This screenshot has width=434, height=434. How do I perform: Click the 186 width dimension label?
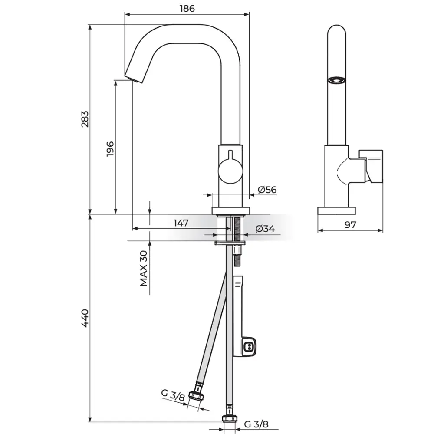click(187, 9)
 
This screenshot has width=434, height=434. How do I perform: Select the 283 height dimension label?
click(85, 119)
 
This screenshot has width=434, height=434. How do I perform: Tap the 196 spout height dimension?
click(110, 149)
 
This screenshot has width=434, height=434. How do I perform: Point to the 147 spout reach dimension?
click(181, 223)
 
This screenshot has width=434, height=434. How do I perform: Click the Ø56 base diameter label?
click(267, 190)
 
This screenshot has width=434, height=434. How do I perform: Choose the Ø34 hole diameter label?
click(265, 229)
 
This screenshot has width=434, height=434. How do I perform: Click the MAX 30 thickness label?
click(143, 268)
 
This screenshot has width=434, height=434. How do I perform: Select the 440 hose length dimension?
click(85, 318)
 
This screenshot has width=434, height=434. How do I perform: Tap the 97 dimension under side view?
click(350, 225)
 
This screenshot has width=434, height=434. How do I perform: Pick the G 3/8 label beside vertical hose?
click(256, 424)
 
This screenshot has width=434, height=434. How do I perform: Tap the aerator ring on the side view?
click(336, 80)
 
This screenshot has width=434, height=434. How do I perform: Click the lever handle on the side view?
click(371, 167)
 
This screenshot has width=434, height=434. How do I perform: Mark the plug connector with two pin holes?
click(249, 346)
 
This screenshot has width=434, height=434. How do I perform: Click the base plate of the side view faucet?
click(336, 210)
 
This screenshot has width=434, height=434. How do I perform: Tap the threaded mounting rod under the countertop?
click(237, 241)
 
